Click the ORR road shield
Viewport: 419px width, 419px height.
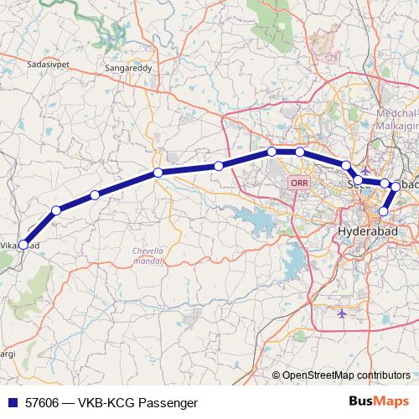click(298, 182)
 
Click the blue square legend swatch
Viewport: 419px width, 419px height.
click(12, 403)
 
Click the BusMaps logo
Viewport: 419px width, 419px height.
click(379, 402)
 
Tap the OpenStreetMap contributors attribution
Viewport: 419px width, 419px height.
click(345, 375)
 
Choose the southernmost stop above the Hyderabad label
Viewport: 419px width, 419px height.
click(384, 211)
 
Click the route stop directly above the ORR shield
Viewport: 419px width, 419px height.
click(299, 152)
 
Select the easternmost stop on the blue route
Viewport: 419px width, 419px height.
click(396, 187)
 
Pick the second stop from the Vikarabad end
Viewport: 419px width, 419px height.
click(55, 210)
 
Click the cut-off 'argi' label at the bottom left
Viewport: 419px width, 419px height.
click(8, 354)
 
